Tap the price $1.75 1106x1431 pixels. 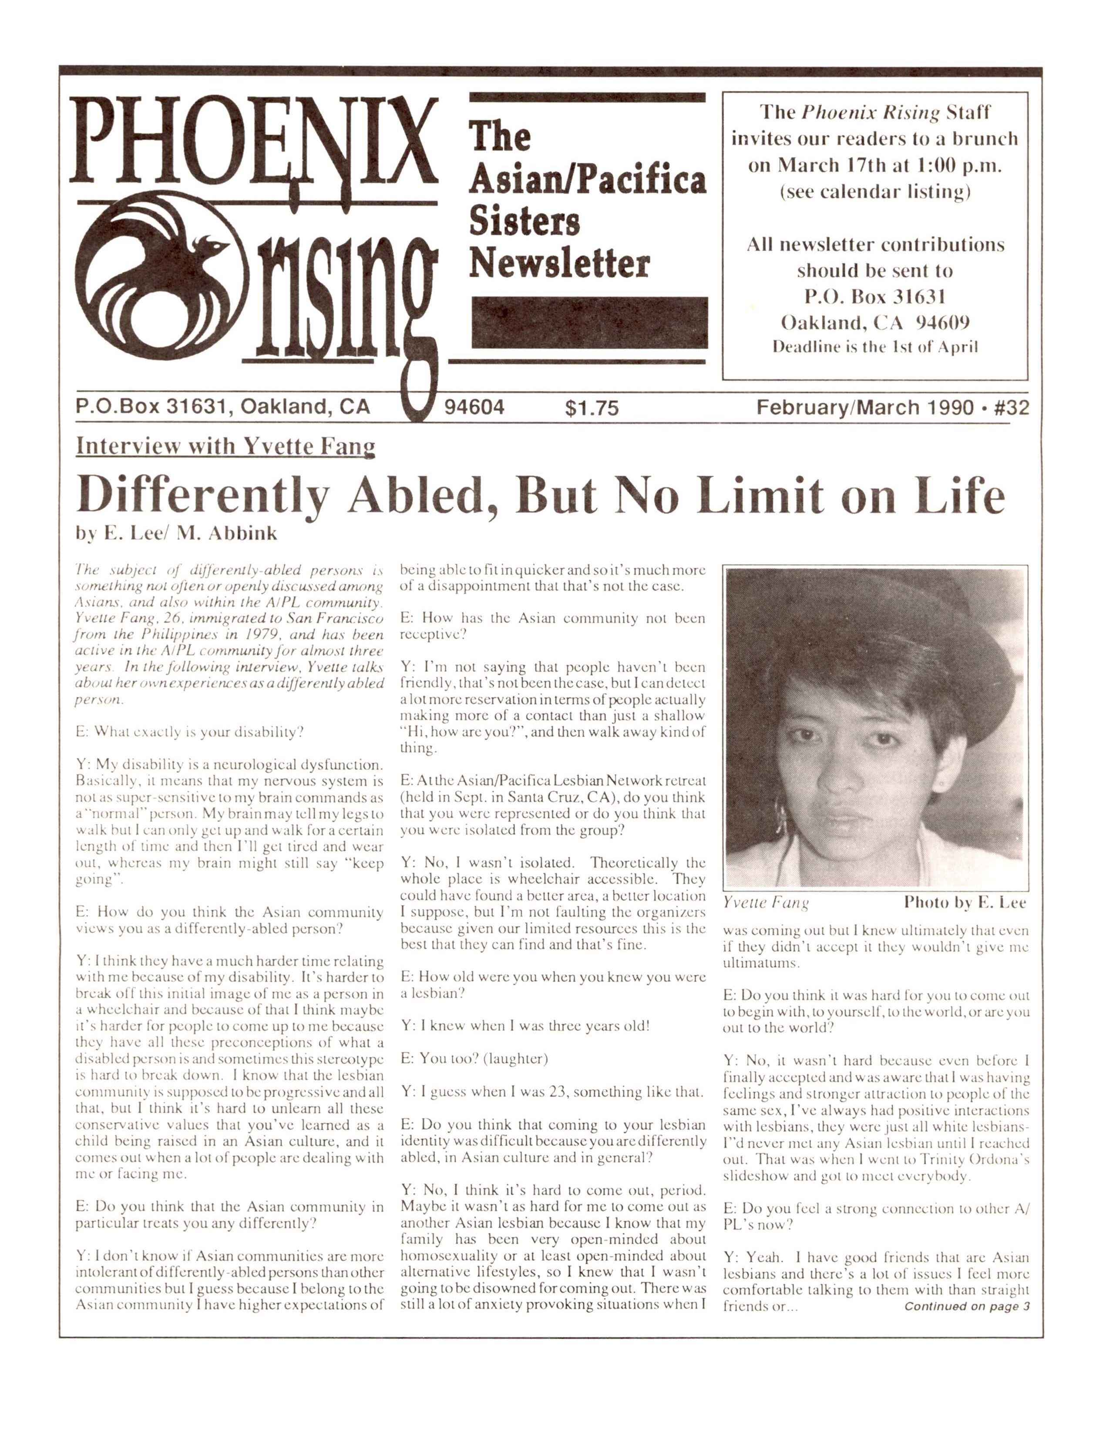pos(591,408)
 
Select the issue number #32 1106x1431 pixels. pos(1012,407)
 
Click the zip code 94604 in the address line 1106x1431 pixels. pos(474,407)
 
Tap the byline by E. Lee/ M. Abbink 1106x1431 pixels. pos(176,533)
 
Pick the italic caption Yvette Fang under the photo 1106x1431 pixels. pos(765,903)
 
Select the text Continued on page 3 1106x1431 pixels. pos(966,1306)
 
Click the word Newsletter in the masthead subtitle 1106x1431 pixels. pos(559,264)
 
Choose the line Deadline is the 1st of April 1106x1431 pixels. pos(875,347)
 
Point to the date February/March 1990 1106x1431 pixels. pos(865,407)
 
